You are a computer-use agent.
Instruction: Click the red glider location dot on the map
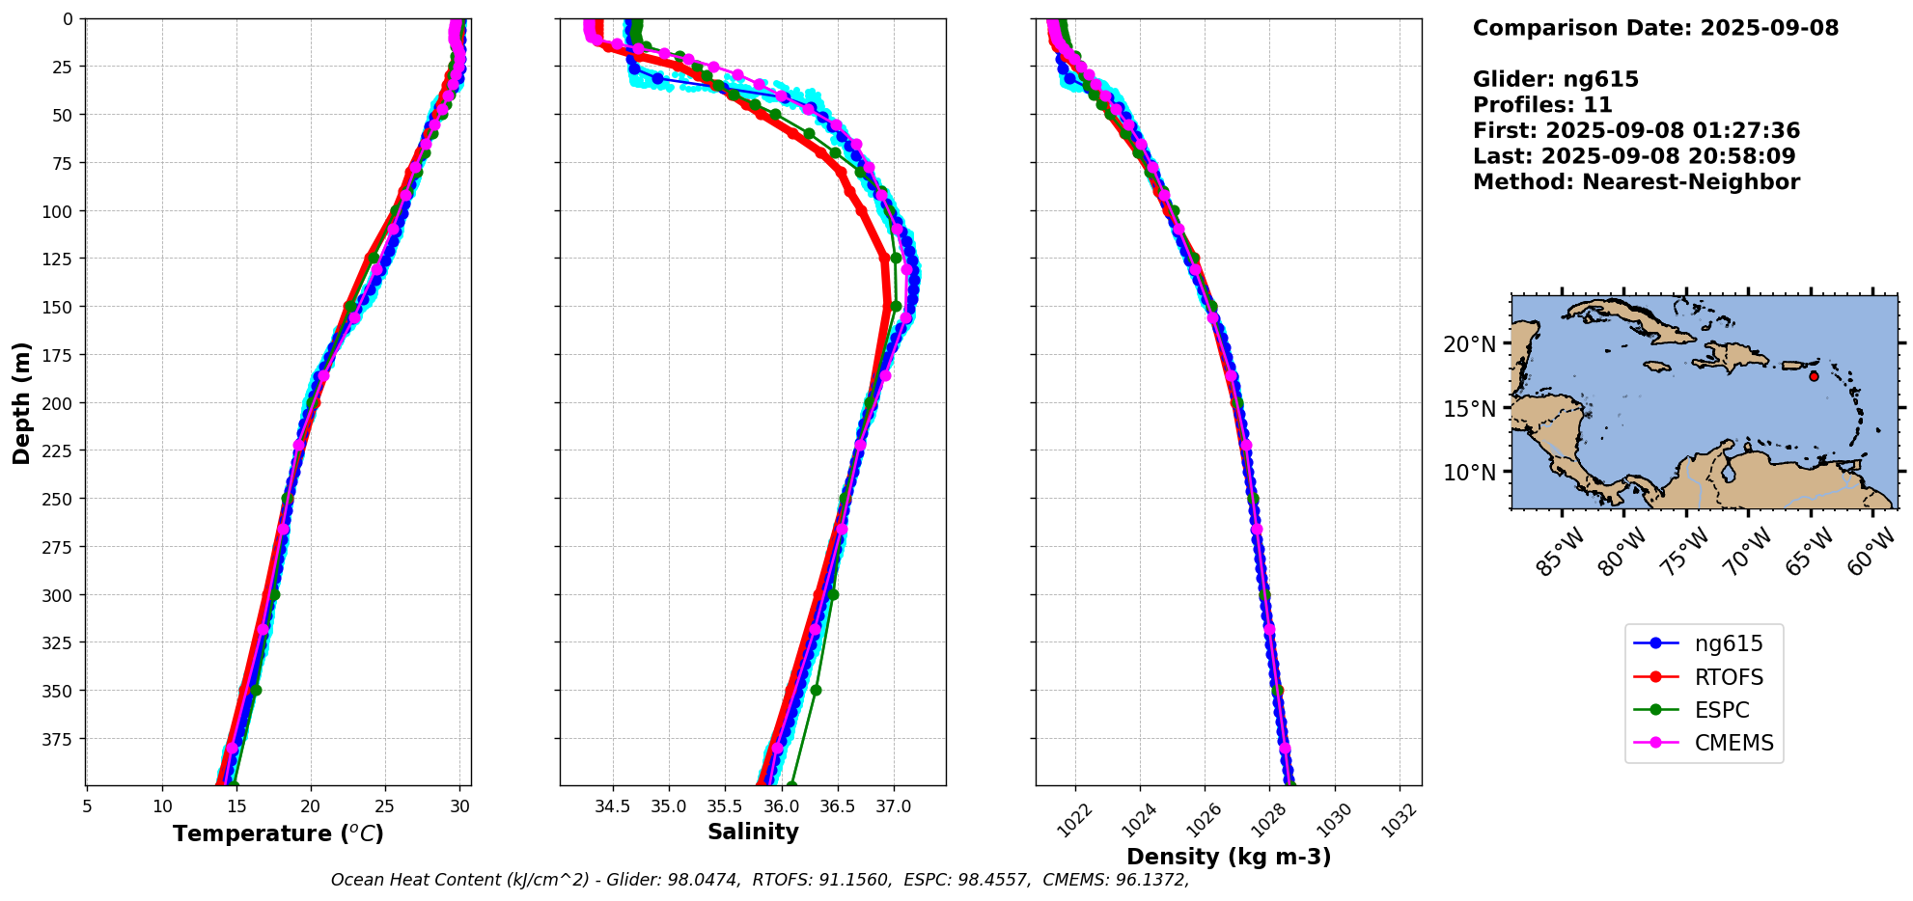point(1814,376)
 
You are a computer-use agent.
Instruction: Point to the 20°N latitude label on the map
point(1469,344)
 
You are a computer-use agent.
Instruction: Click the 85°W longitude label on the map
point(1561,552)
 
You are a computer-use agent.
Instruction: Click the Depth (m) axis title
point(21,402)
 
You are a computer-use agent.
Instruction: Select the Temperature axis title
point(278,833)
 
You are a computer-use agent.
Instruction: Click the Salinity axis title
point(753,832)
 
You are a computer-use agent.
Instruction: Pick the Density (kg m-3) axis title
point(1229,857)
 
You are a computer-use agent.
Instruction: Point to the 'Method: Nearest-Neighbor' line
point(1636,182)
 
